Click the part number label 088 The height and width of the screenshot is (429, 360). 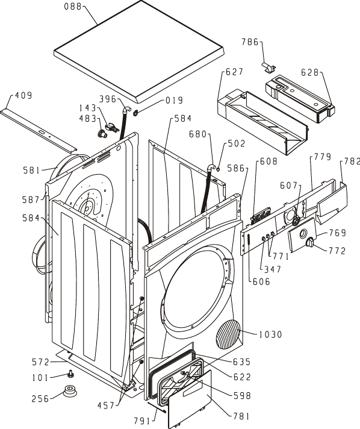click(x=73, y=7)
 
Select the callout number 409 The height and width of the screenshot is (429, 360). click(x=23, y=95)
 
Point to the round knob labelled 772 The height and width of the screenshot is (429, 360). click(x=310, y=242)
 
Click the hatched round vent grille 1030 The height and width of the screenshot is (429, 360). click(x=228, y=334)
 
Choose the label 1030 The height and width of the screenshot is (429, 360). click(x=270, y=334)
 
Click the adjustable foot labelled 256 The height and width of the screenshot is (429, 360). click(x=70, y=390)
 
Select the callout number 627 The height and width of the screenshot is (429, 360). click(x=234, y=72)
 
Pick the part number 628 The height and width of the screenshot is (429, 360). click(x=310, y=72)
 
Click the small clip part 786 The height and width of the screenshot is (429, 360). click(x=268, y=67)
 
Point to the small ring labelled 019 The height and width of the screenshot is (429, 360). click(x=135, y=113)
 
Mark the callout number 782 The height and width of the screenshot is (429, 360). click(x=352, y=161)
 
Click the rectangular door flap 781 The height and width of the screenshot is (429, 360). click(x=190, y=399)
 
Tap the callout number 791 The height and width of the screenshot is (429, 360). click(x=142, y=421)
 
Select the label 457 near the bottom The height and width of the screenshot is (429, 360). click(x=106, y=405)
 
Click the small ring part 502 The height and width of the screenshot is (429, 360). click(x=218, y=170)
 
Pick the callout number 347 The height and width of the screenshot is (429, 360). click(x=273, y=269)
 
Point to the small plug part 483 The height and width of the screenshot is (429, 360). click(x=102, y=133)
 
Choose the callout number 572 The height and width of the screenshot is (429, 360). click(x=40, y=362)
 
